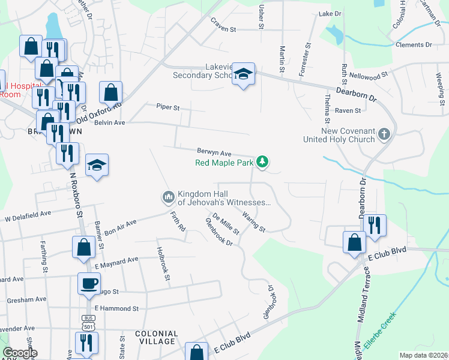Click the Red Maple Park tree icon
(262, 161)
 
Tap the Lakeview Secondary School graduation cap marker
(243, 74)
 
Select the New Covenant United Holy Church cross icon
(385, 135)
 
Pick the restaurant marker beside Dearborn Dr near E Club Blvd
(375, 225)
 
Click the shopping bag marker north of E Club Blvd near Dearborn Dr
(354, 242)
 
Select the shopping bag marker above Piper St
(110, 92)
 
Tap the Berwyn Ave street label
(214, 153)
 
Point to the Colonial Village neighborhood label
(157, 338)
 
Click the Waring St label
(254, 221)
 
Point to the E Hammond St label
(116, 308)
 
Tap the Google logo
(20, 353)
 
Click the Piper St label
(168, 107)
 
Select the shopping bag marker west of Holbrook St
(83, 247)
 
